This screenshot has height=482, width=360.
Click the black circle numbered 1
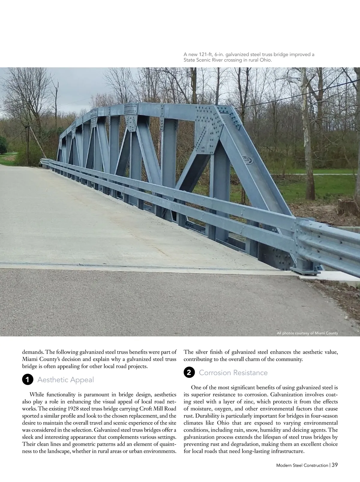point(27,380)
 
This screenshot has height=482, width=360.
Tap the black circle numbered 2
point(189,373)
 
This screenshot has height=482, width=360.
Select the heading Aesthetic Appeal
point(65,380)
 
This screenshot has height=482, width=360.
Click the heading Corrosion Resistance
point(233,373)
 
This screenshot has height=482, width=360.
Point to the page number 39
point(335,465)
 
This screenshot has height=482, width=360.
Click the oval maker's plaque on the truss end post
point(247,160)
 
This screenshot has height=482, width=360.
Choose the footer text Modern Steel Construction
point(302,465)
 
